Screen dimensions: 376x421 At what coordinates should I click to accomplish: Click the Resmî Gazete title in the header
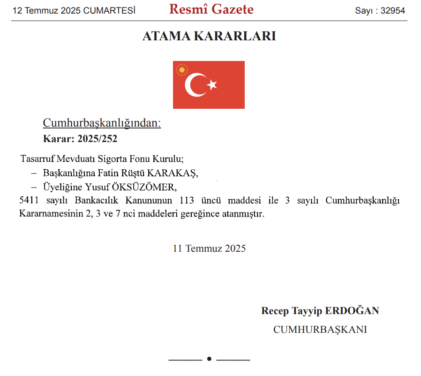pyautogui.click(x=211, y=9)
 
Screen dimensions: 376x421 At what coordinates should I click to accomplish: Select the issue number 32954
pyautogui.click(x=392, y=11)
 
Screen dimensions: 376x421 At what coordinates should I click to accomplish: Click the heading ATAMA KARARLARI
pyautogui.click(x=209, y=37)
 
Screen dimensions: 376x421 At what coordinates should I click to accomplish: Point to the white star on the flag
pyautogui.click(x=212, y=85)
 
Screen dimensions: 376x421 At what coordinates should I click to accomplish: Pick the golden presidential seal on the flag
pyautogui.click(x=181, y=70)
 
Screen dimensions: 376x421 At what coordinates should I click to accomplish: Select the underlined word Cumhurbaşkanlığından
pyautogui.click(x=102, y=123)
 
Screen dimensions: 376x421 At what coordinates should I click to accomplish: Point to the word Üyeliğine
pyautogui.click(x=62, y=187)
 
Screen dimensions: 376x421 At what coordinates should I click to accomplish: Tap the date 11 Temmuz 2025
pyautogui.click(x=209, y=248)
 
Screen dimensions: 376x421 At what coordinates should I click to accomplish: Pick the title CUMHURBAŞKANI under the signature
pyautogui.click(x=320, y=330)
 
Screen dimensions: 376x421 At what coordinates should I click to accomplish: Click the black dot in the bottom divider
pyautogui.click(x=209, y=359)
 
